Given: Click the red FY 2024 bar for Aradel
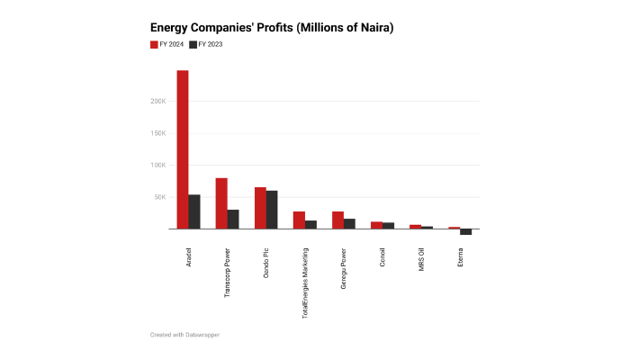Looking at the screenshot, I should click(182, 149).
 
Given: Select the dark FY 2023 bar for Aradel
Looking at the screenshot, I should click(194, 211).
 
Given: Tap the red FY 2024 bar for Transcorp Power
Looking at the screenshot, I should click(220, 203).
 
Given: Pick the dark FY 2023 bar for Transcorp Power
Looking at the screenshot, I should click(233, 219).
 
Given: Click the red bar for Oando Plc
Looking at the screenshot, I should click(259, 208).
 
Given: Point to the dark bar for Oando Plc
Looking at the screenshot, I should click(272, 210).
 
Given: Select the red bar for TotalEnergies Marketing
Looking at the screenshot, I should click(299, 220).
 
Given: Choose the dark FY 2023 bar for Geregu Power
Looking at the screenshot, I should click(349, 223).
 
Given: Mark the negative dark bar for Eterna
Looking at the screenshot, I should click(466, 231).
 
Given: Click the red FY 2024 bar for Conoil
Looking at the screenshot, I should click(376, 225).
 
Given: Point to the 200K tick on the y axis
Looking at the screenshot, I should click(157, 101).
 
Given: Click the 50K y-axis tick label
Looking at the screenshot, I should click(159, 197).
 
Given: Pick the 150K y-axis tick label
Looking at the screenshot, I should click(157, 133).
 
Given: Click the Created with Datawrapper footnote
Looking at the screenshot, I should click(184, 334).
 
